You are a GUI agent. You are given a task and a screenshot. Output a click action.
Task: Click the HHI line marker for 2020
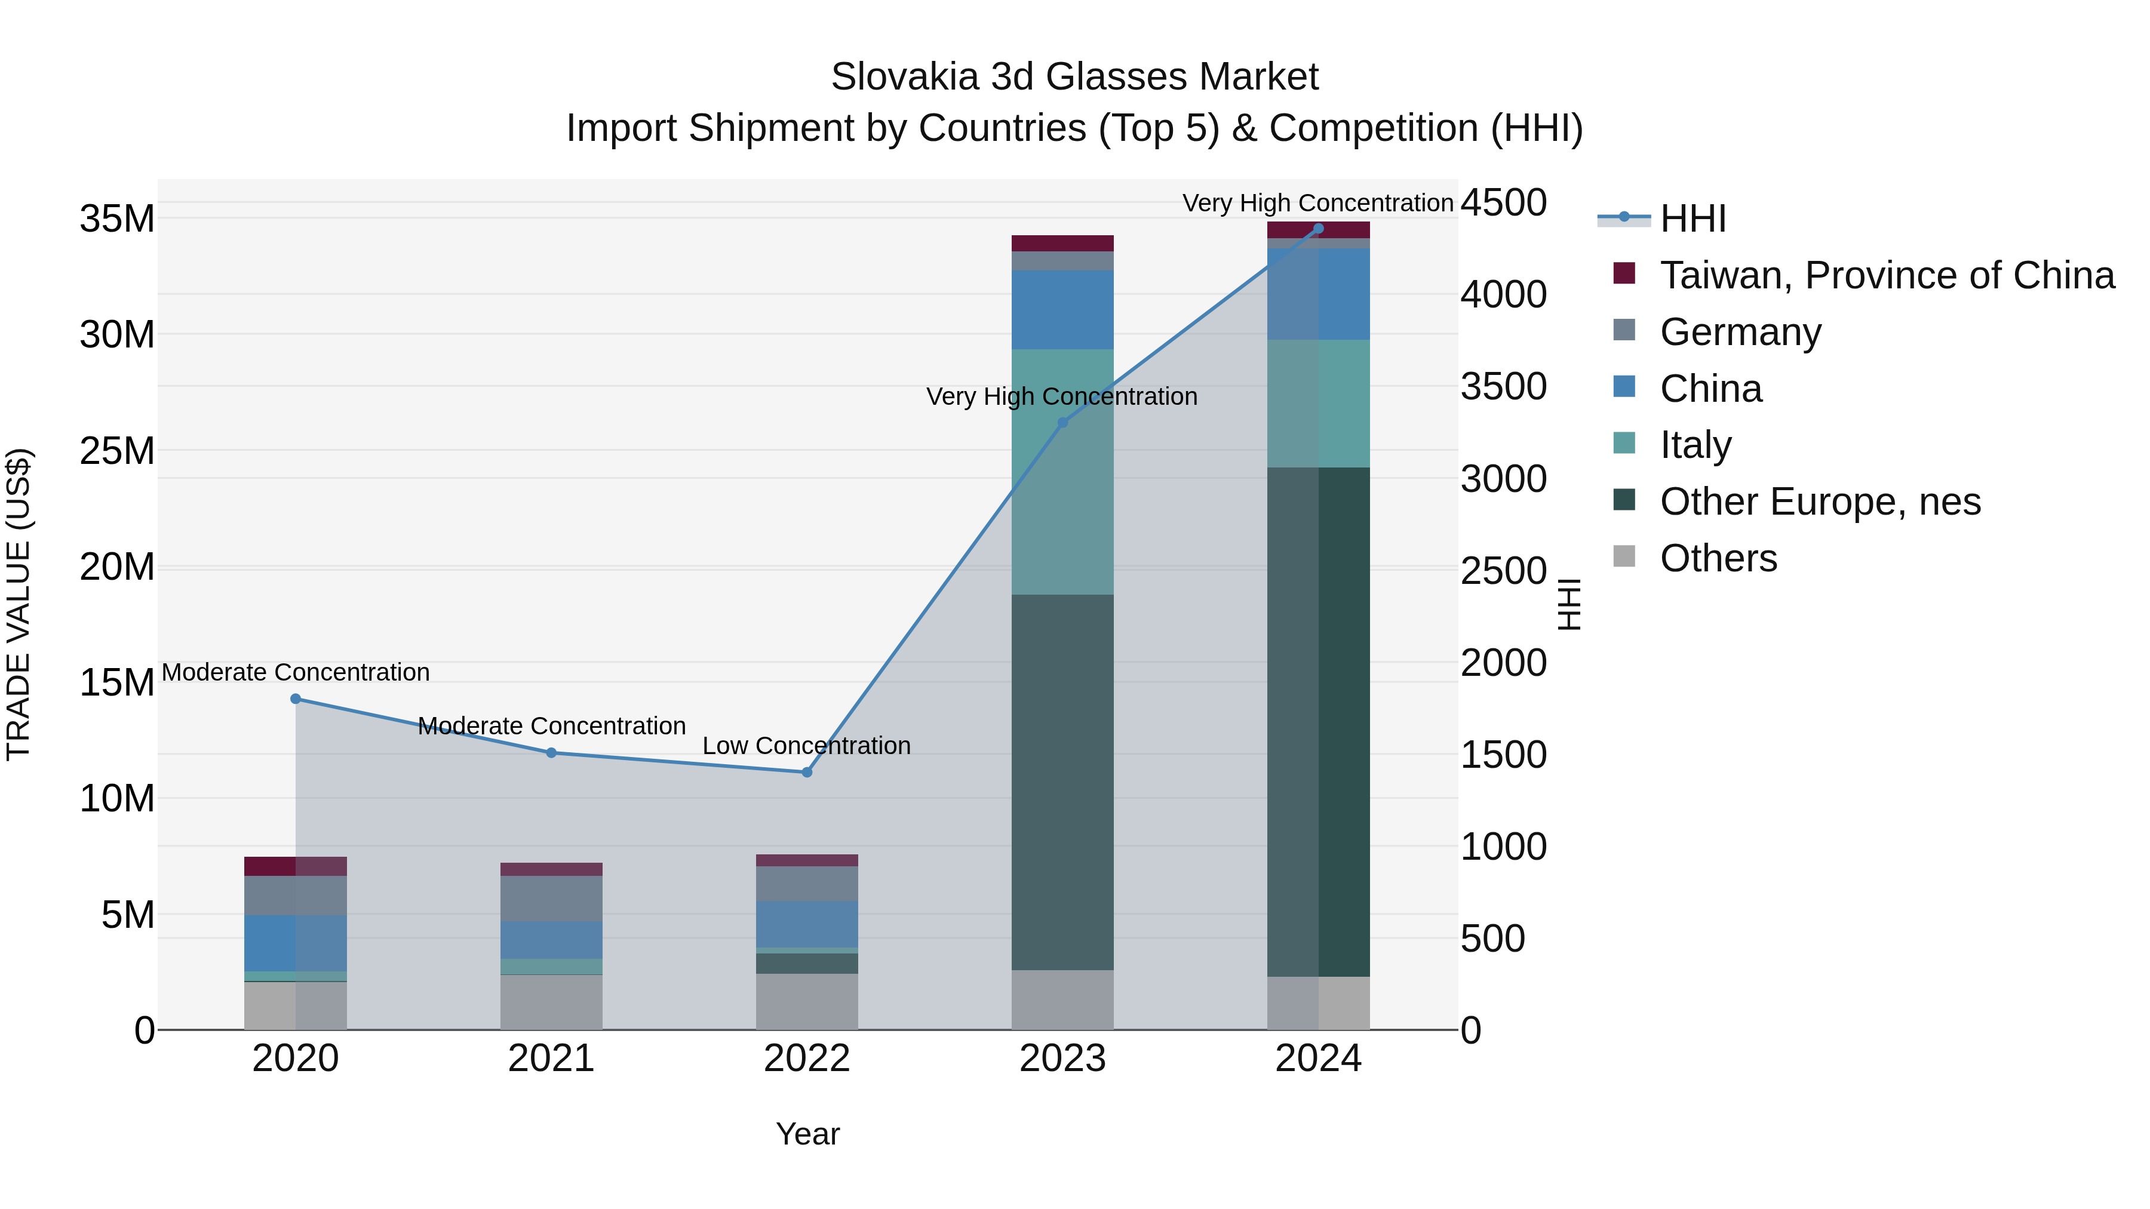coord(296,699)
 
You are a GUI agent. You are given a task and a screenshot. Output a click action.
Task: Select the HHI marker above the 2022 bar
coord(806,773)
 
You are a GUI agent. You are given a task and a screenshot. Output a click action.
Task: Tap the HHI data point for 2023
coord(1062,423)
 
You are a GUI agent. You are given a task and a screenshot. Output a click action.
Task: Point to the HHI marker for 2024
coord(1319,229)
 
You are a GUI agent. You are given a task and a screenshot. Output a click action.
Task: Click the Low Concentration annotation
coord(806,746)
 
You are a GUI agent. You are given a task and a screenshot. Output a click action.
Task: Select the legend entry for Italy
coord(1695,445)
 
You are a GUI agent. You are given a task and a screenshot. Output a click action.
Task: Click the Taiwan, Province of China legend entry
coord(1886,275)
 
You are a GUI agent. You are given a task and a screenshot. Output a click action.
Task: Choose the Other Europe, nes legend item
coord(1820,502)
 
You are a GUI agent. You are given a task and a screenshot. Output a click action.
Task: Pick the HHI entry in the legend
coord(1692,219)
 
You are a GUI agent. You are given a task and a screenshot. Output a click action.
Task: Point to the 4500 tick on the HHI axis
coord(1503,203)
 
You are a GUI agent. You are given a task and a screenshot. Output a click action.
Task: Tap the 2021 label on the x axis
coord(551,1059)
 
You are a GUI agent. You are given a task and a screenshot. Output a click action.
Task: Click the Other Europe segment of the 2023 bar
coord(1062,782)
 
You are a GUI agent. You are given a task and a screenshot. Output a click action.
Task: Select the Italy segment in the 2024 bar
coord(1319,403)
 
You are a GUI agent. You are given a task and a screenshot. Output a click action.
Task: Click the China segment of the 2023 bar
coord(1062,309)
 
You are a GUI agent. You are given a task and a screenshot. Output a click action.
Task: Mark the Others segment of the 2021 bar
coord(551,1001)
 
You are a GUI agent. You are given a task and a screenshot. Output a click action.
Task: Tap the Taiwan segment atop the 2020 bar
coord(296,866)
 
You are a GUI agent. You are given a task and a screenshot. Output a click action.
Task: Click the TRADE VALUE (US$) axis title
coord(19,604)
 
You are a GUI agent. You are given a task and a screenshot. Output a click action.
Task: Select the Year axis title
coord(807,1134)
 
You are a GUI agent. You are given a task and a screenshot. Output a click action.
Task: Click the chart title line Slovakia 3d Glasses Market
coord(1074,77)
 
